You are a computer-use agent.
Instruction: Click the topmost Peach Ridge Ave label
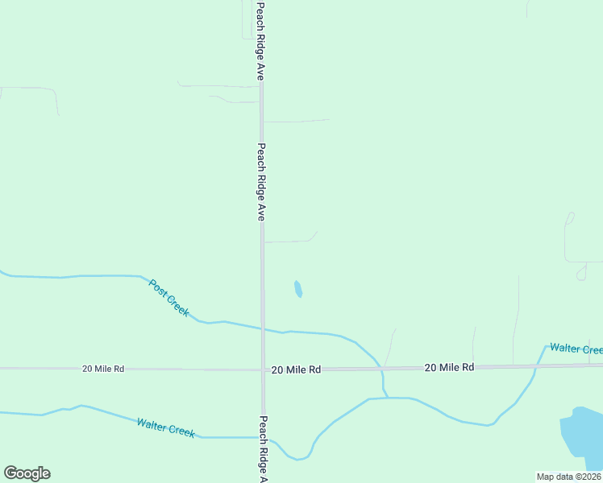260,40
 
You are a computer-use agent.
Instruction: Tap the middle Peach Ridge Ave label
260,182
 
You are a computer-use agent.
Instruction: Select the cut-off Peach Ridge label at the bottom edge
263,449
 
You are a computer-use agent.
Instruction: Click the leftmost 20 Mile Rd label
103,369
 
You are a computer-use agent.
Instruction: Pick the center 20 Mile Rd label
296,369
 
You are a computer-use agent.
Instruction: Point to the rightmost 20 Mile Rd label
449,367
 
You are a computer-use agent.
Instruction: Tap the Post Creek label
169,298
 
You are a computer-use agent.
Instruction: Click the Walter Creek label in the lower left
165,427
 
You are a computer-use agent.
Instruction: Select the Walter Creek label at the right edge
576,349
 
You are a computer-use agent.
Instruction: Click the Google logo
27,473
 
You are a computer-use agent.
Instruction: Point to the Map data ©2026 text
569,477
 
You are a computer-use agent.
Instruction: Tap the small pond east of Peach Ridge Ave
298,288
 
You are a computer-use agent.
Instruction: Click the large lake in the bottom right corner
582,439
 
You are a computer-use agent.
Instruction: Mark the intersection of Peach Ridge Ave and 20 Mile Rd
262,369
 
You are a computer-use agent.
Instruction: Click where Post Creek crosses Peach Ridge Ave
262,328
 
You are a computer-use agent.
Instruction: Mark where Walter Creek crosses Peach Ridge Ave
263,437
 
